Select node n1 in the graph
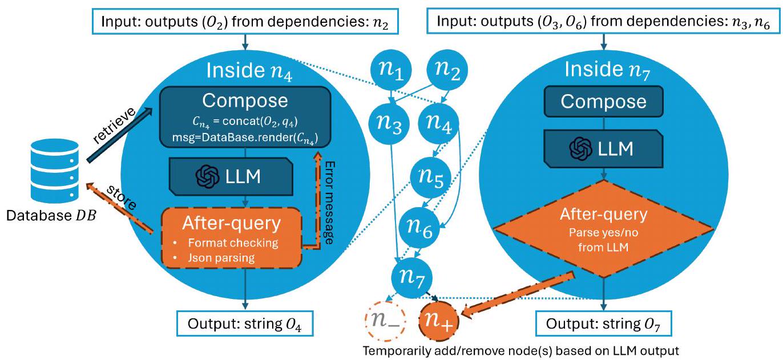(x=391, y=71)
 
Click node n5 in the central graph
(x=431, y=177)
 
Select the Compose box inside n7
(x=603, y=101)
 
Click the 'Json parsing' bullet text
(x=217, y=257)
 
